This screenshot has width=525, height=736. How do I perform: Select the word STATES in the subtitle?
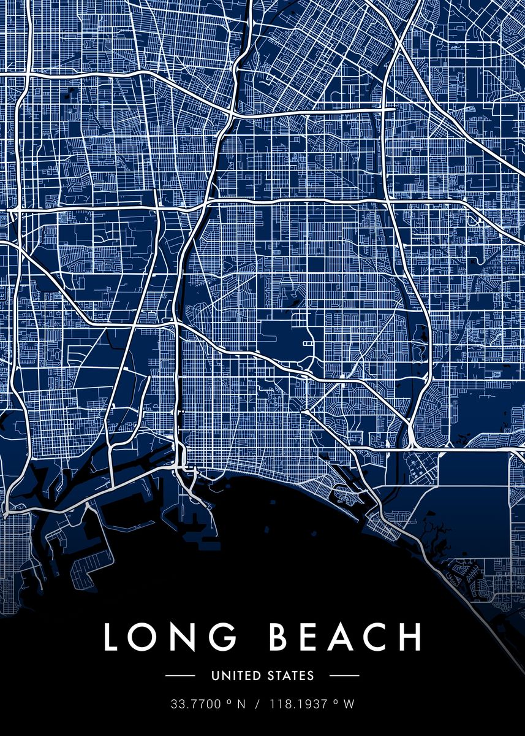[x=291, y=676]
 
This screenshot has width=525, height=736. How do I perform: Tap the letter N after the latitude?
[x=241, y=704]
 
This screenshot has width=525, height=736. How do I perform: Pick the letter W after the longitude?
[x=349, y=704]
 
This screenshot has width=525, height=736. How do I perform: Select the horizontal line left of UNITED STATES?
[x=180, y=676]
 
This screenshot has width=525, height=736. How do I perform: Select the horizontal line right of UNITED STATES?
[x=344, y=676]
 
